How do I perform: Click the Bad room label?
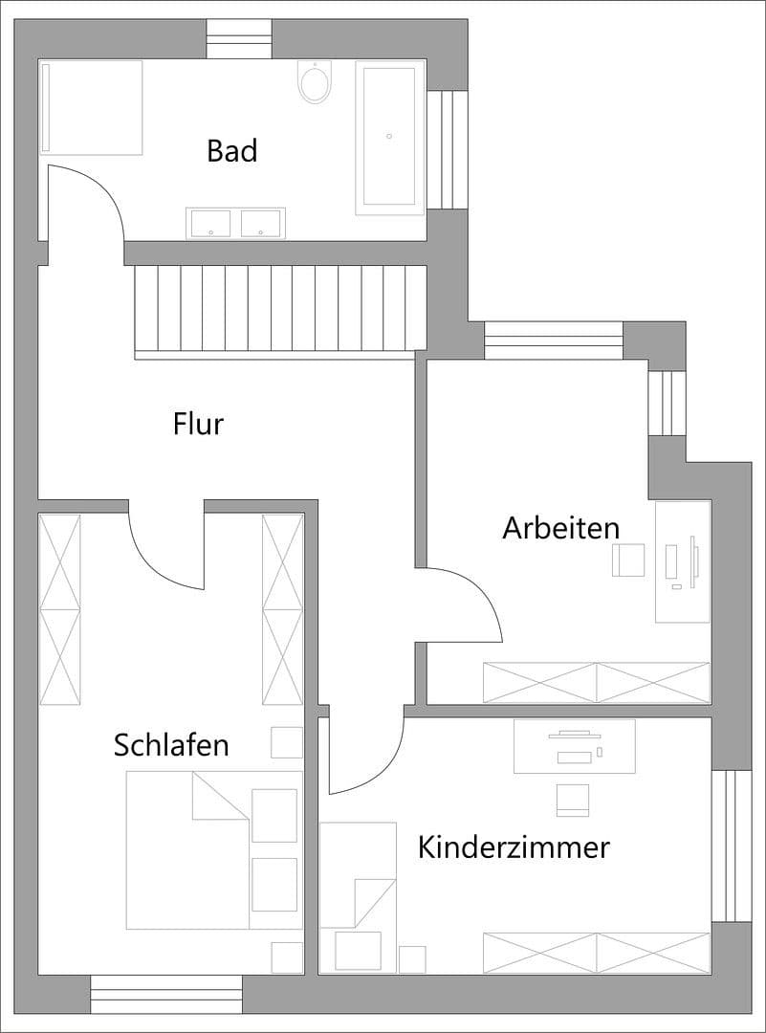coord(232,151)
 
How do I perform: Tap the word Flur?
coord(198,423)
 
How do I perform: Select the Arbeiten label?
coord(560,528)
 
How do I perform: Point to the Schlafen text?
coord(171,745)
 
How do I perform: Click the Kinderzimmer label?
coord(514,847)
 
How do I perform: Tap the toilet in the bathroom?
coord(315,82)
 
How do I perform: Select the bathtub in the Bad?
coord(389,137)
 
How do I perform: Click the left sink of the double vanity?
coord(210,223)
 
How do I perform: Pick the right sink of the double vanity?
coord(260,223)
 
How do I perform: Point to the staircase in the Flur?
coord(280,310)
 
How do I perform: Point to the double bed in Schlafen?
coord(214,849)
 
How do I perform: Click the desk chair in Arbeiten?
coord(628,560)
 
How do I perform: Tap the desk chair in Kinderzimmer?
coord(573,800)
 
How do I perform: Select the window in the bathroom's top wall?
coord(239,39)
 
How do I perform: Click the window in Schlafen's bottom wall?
coord(166,994)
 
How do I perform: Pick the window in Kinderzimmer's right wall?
coord(732,846)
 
